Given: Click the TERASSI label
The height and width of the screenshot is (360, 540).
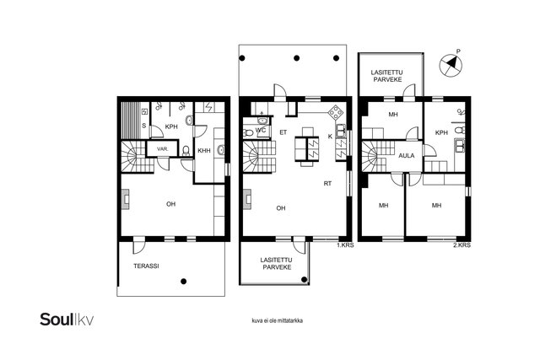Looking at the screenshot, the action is [x=146, y=266].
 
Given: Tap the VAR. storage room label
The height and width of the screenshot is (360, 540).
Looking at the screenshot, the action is [x=163, y=149].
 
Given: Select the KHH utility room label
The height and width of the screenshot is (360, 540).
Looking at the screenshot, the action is [x=204, y=150].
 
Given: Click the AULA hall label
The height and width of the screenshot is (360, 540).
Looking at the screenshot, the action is [x=407, y=156].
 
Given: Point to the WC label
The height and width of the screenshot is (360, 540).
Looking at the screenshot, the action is [x=261, y=131].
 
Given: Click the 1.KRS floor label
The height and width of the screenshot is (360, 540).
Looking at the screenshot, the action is [x=345, y=245].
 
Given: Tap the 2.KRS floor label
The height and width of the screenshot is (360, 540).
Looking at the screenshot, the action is [x=462, y=245].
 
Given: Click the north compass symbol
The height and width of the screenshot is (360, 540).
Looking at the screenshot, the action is [x=451, y=64].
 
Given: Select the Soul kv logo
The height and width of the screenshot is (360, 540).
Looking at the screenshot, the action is [x=67, y=320].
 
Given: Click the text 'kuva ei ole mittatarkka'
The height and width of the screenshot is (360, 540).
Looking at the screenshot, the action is [x=278, y=320].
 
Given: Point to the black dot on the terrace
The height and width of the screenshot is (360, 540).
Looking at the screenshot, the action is [x=184, y=282].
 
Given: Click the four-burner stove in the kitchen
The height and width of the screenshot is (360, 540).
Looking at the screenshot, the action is [x=335, y=112].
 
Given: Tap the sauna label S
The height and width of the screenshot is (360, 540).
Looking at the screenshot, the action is [x=144, y=126].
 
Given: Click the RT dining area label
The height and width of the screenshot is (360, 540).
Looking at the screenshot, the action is [x=327, y=184].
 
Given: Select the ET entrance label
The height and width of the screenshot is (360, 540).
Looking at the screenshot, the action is [x=283, y=132].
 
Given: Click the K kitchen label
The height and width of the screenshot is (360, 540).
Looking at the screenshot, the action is [x=330, y=137].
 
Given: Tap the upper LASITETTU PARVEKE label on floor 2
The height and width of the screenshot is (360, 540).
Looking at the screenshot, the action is [x=386, y=76].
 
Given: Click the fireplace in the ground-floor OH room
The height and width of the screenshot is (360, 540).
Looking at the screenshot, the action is [x=126, y=200].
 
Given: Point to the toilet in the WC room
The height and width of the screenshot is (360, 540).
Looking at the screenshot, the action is [x=247, y=133].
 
